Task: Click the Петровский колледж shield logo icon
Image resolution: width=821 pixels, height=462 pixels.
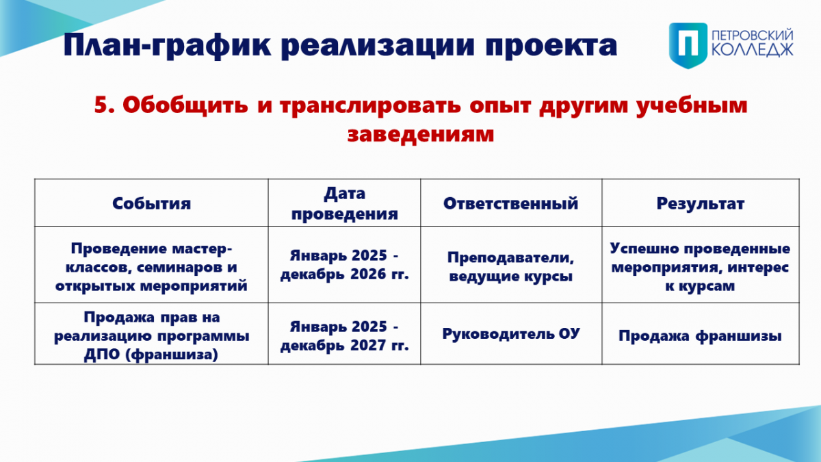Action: (688, 45)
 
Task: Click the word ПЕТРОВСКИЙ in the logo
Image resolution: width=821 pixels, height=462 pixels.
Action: (752, 36)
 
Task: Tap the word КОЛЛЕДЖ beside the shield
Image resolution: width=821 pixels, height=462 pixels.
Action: (753, 50)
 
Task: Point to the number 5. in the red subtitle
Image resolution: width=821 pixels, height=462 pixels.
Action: (105, 105)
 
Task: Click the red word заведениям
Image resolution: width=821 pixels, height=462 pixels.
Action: (420, 134)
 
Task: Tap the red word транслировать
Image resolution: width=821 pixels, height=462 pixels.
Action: (370, 105)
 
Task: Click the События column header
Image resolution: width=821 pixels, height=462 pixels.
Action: (151, 203)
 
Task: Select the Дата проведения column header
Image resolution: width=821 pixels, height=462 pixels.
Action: (345, 203)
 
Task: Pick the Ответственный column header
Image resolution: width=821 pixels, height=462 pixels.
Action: (510, 203)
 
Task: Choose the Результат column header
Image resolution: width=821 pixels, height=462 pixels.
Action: (701, 204)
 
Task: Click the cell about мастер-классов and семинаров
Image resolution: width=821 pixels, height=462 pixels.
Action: (151, 267)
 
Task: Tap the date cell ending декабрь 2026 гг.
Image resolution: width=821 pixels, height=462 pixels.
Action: (345, 264)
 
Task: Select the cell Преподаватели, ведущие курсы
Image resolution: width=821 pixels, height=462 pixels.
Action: (510, 266)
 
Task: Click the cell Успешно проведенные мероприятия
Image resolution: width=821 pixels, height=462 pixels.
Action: (700, 267)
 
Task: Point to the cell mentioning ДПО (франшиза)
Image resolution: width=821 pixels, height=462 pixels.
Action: (151, 335)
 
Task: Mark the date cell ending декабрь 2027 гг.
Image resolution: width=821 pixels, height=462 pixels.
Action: (345, 335)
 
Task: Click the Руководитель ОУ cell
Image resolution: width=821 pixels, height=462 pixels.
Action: (511, 334)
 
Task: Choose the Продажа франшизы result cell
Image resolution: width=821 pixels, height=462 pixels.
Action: (700, 336)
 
